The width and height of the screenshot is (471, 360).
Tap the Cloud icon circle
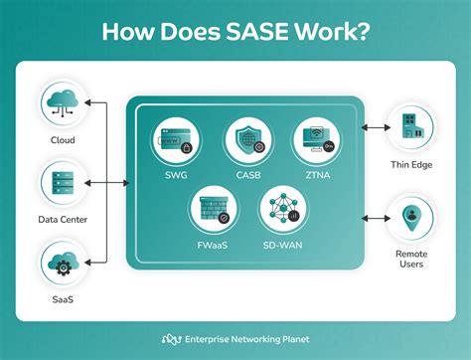coord(63,101)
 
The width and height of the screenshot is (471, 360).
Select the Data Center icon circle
coord(63,182)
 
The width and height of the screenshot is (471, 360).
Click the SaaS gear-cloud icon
coord(63,264)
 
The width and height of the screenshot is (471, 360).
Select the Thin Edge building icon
coord(408,127)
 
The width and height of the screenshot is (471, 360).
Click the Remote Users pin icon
coord(408,217)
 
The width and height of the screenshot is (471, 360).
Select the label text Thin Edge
coord(408,166)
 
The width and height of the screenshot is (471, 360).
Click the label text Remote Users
coord(408,259)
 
